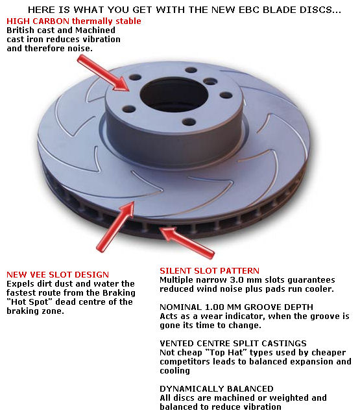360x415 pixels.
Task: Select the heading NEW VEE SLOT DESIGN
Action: tap(58, 275)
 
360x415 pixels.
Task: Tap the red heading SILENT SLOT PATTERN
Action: tap(210, 270)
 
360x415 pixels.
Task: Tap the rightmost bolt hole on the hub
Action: tap(226, 95)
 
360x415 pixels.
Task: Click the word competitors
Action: tap(187, 361)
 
